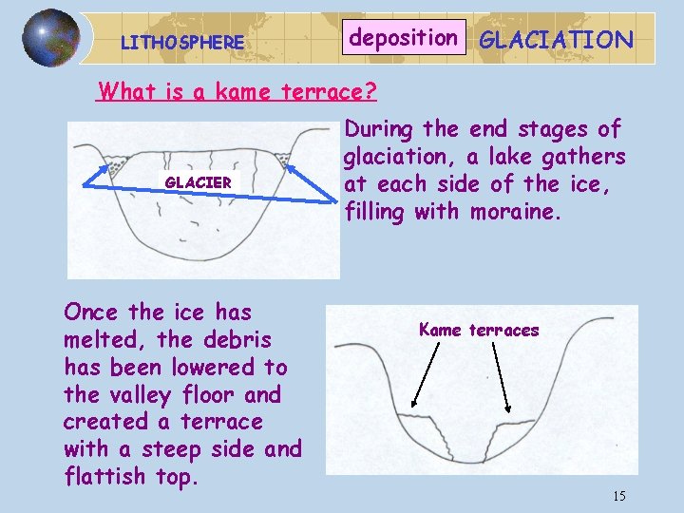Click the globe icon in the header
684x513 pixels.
point(50,38)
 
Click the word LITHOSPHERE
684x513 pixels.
point(182,43)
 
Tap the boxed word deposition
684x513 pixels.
point(404,38)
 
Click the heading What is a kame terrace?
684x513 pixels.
point(237,92)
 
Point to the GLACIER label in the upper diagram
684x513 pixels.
point(199,181)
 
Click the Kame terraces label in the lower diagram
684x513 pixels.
point(479,331)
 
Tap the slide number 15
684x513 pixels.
point(618,496)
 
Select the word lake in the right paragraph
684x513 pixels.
point(495,156)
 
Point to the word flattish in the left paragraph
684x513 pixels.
point(106,476)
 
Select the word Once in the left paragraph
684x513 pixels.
point(91,313)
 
